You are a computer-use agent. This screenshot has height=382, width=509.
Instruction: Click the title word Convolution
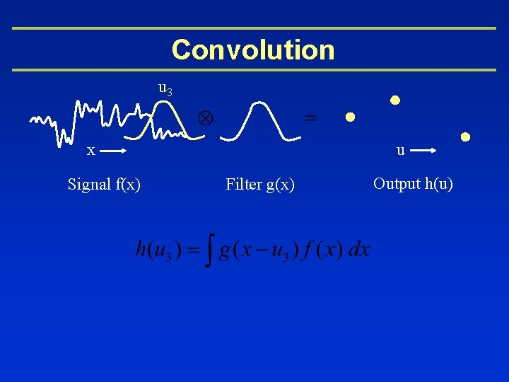point(253,50)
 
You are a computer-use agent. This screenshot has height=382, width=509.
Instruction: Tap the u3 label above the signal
point(165,89)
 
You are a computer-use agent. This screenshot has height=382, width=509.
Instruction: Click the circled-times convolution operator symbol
point(209,117)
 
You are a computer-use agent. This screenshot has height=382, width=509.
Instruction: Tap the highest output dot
point(395,100)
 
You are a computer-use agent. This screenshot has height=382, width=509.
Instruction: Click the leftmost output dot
point(349,117)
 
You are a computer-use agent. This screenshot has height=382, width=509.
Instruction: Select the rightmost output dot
point(465,137)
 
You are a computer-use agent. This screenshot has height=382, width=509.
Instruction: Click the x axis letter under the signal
point(90,151)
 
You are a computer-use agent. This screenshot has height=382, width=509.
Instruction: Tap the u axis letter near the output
point(400,151)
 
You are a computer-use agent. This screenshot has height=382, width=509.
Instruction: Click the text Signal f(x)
point(104,185)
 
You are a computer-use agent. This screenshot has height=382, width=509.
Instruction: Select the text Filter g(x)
point(260,185)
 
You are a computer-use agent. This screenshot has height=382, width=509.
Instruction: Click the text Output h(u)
point(413,184)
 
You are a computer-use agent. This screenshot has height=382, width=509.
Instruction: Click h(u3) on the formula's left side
point(158,250)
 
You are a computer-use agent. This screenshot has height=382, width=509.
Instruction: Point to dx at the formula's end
point(359,250)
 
